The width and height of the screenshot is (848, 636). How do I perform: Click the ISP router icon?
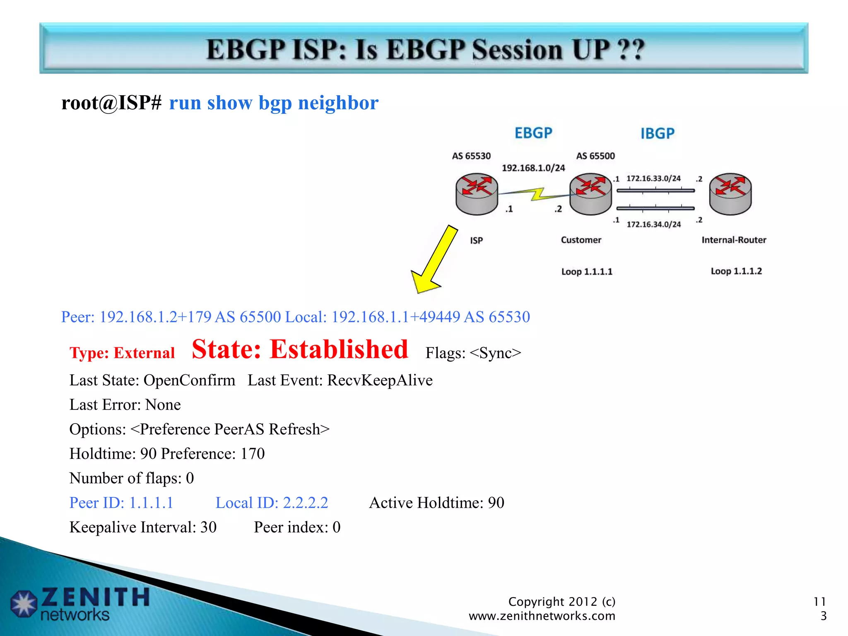click(x=477, y=194)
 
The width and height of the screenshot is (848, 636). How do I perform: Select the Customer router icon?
click(x=590, y=194)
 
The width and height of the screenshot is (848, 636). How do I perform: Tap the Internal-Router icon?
click(x=730, y=194)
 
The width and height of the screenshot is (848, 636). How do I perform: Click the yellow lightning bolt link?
click(x=537, y=194)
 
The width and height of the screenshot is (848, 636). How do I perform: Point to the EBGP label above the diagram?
click(x=533, y=133)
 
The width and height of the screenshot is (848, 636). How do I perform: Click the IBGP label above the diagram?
click(x=657, y=134)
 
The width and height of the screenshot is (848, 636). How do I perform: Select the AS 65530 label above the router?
click(x=471, y=156)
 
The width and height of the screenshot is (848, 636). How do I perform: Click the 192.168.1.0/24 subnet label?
click(x=533, y=168)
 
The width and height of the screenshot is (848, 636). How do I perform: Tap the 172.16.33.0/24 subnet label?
click(x=653, y=178)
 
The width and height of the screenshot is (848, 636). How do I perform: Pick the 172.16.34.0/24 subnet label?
click(x=653, y=224)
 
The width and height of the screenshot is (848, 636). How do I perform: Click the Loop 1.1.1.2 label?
click(x=736, y=271)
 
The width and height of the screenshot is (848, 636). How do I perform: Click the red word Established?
click(x=339, y=349)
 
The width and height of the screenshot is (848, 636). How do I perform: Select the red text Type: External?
click(x=122, y=353)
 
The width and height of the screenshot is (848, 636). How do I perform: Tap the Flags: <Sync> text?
click(x=473, y=353)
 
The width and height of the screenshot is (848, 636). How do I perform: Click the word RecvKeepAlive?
click(x=380, y=380)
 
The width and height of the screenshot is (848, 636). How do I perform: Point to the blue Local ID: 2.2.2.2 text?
click(x=272, y=503)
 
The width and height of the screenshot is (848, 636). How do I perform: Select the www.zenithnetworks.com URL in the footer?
click(x=542, y=616)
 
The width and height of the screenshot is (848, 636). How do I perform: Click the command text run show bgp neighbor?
click(x=274, y=103)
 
